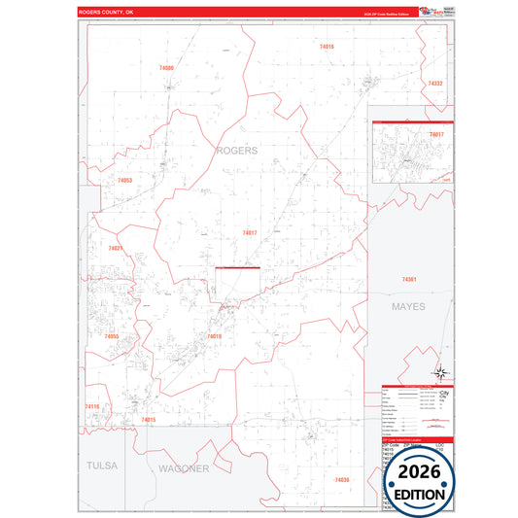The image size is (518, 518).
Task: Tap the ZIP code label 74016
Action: (x=327, y=47)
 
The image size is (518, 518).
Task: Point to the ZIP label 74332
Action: (x=435, y=84)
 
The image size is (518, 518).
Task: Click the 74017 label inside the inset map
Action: (x=436, y=133)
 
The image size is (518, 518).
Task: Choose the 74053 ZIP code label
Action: (x=124, y=181)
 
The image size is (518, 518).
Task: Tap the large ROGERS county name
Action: (x=236, y=151)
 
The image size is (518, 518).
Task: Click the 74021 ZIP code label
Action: (x=116, y=248)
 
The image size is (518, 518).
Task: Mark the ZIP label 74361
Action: (x=409, y=280)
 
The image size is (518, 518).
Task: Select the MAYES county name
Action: (x=409, y=307)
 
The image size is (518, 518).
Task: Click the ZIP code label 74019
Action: (x=215, y=336)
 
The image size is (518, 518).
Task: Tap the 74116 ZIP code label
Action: (x=92, y=406)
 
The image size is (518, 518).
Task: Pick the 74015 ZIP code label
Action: (x=149, y=420)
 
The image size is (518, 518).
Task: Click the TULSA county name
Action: (x=101, y=466)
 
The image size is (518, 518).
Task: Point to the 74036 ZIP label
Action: (x=341, y=480)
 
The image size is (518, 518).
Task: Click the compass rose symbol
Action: (x=440, y=371)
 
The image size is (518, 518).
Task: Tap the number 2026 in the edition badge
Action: (x=419, y=470)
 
